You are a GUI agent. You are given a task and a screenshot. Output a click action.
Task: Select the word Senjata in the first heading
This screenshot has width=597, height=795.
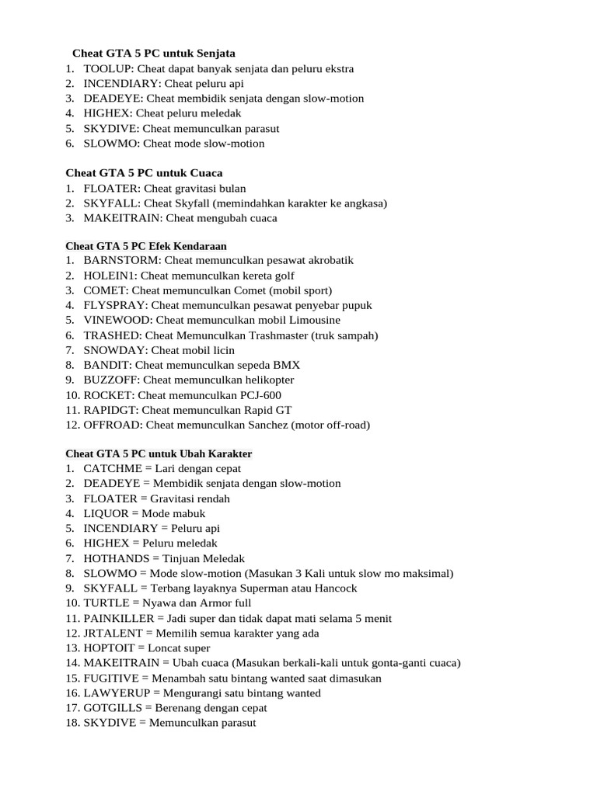pos(213,54)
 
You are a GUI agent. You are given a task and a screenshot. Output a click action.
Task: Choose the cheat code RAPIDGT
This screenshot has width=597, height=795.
pos(111,410)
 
